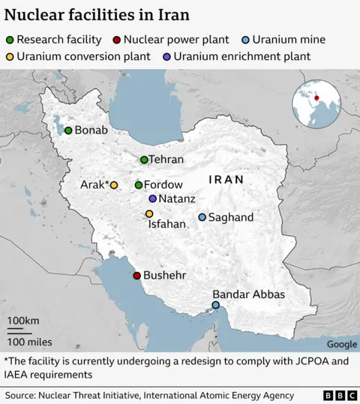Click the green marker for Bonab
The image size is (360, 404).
point(68,131)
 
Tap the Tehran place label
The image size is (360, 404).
point(166,160)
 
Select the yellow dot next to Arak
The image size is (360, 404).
point(114,185)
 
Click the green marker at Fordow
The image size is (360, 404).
point(139,185)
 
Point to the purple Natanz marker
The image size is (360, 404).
point(153,199)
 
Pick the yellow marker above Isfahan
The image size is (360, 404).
point(149,214)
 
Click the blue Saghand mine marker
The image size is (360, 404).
point(202,218)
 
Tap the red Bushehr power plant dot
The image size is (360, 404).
point(136,276)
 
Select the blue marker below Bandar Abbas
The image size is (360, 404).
point(216,305)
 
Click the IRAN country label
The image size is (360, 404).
point(226,180)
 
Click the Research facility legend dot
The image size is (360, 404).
point(9,40)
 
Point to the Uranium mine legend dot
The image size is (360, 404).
point(245,40)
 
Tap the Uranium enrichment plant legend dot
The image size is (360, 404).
point(166,56)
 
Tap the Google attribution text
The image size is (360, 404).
point(341,345)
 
